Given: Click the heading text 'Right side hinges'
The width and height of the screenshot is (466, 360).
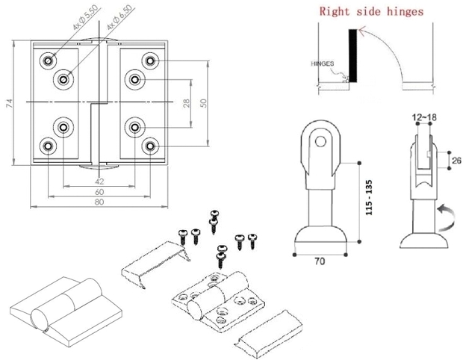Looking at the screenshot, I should pyautogui.click(x=371, y=11).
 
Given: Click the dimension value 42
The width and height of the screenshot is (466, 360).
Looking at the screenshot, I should pyautogui.click(x=99, y=180).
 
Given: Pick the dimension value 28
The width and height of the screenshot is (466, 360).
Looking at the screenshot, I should pyautogui.click(x=187, y=103).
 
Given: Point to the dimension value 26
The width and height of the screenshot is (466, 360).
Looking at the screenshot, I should pyautogui.click(x=457, y=159).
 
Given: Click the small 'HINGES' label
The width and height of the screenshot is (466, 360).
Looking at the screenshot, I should pyautogui.click(x=322, y=64).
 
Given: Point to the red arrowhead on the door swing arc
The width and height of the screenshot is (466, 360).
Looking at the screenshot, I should pyautogui.click(x=363, y=32).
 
